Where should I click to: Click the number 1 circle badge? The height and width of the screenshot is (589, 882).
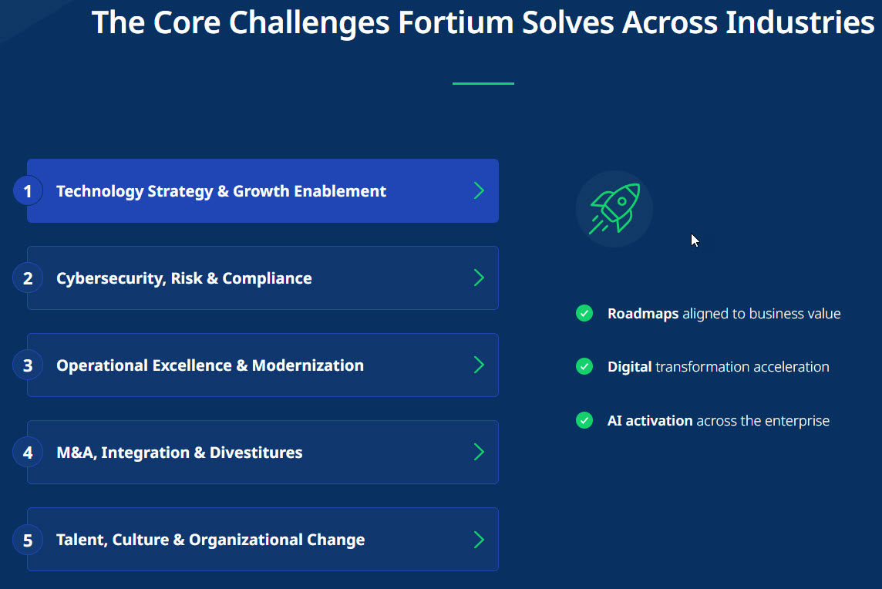(28, 191)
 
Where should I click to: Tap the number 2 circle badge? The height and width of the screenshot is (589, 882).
(28, 278)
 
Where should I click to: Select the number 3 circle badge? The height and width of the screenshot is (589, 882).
(28, 365)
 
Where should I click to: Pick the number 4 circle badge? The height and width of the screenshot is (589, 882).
(28, 453)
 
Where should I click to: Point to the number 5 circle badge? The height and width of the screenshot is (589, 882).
(28, 540)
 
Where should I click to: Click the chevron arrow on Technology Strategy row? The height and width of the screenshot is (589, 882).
(479, 190)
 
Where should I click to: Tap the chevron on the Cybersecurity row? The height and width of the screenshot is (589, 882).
(479, 278)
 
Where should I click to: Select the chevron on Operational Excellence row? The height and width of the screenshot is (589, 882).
(479, 365)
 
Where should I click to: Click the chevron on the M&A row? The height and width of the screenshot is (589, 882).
(479, 452)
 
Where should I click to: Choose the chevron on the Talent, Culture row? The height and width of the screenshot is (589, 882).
(479, 540)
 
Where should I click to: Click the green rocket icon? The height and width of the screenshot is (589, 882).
(614, 209)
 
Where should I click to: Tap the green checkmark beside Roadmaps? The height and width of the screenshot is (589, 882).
(584, 313)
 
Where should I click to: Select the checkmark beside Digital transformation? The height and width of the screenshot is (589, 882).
(584, 366)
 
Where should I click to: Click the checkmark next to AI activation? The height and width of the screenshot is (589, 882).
(584, 420)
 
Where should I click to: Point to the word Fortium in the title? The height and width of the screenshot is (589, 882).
(456, 22)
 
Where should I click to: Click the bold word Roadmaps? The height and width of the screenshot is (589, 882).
(643, 313)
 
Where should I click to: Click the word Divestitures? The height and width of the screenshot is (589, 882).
(256, 453)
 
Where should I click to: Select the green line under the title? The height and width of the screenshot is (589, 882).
(483, 83)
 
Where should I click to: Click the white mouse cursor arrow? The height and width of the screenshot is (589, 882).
(695, 241)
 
